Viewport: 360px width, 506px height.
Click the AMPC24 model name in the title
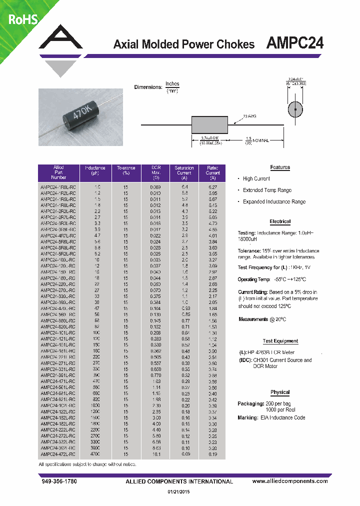[x=294, y=43]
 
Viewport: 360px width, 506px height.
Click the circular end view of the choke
[x=295, y=109]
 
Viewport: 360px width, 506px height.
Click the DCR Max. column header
[x=155, y=172]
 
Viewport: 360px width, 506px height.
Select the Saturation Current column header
[x=184, y=172]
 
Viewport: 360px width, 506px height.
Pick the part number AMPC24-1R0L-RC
[x=58, y=186]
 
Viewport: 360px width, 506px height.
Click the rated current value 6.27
[x=212, y=186]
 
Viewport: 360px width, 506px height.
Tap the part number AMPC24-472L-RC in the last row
[x=58, y=454]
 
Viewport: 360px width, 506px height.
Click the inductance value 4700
[x=94, y=454]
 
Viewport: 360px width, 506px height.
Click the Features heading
[x=280, y=167]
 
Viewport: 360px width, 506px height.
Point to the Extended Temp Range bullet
[x=267, y=190]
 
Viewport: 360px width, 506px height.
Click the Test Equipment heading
[x=280, y=341]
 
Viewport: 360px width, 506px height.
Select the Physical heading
[x=280, y=392]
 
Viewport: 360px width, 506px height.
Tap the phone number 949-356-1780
[x=58, y=481]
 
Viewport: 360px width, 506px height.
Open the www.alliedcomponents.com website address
[x=290, y=481]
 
